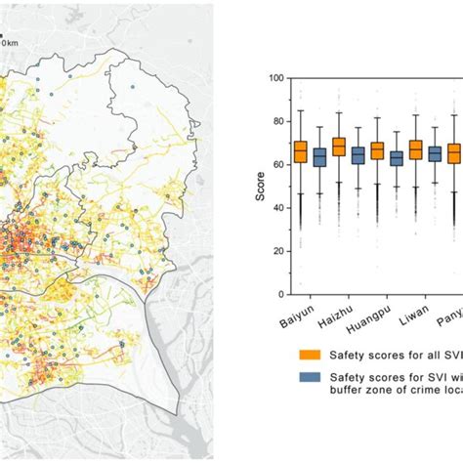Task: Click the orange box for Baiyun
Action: click(x=301, y=152)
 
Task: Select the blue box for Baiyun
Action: click(x=319, y=157)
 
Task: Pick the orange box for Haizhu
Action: click(x=339, y=147)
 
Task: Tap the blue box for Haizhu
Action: click(x=358, y=156)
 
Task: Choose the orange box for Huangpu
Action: click(x=377, y=151)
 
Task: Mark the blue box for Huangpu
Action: click(x=396, y=158)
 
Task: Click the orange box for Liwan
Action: click(x=415, y=149)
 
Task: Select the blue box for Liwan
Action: click(x=434, y=154)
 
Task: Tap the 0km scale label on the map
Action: click(x=9, y=42)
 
